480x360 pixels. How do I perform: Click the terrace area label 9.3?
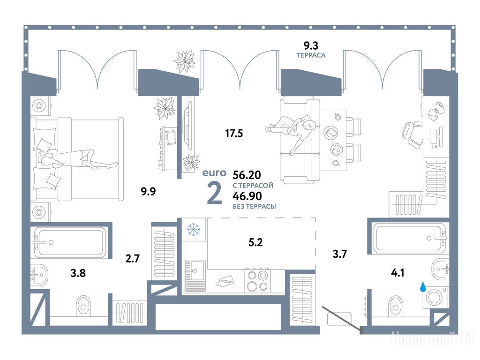[x=311, y=45]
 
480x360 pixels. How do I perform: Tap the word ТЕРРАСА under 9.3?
[x=311, y=55]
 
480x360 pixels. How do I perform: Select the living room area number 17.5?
[x=234, y=133]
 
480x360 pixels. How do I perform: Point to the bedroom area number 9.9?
[x=148, y=191]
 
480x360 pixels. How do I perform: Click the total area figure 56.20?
[x=247, y=175]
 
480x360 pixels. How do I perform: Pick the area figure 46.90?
[x=247, y=195]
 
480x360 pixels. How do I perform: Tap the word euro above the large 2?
[x=214, y=173]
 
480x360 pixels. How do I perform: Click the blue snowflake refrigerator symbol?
[x=194, y=229]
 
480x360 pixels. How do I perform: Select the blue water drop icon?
[x=423, y=287]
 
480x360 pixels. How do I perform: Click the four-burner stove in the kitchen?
[x=257, y=281]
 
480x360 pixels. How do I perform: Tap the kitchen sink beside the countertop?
[x=195, y=276]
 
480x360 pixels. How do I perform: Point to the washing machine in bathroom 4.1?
[x=435, y=297]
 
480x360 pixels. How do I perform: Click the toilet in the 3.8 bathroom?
[x=83, y=305]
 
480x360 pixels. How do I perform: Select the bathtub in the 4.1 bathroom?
[x=409, y=239]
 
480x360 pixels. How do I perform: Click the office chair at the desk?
[x=412, y=135]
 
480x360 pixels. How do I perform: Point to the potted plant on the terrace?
[x=185, y=61]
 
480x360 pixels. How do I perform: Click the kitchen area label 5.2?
[x=255, y=242]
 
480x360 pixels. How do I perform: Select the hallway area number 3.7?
[x=340, y=254]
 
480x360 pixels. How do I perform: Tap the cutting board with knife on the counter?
[x=225, y=281]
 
